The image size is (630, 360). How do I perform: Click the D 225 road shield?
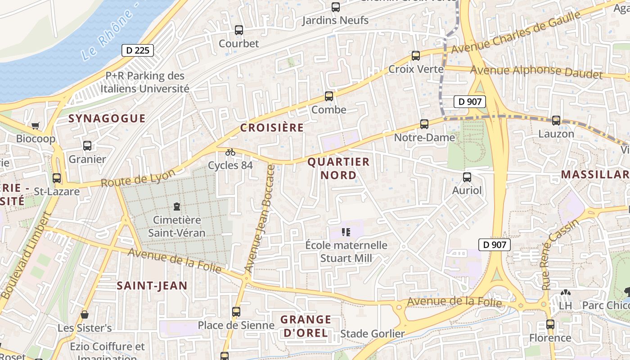pos(138,50)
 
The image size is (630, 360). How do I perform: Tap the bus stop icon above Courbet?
pos(238,30)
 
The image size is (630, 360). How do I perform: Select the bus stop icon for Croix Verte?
pos(416,56)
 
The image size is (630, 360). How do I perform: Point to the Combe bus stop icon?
pos(329,96)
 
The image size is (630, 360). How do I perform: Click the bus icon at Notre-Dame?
pos(424,124)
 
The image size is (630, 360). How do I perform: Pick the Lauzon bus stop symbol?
pos(556,120)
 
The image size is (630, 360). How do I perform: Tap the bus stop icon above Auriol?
pos(467,177)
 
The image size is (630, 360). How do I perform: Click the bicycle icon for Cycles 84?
pos(230,152)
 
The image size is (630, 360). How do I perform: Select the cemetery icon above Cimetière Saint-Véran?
pos(177,207)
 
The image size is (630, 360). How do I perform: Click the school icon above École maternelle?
pos(346,232)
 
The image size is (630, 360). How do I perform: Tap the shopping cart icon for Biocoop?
pos(36,126)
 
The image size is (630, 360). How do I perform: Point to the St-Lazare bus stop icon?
pos(57,178)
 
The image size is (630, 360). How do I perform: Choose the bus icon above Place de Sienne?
pos(236,311)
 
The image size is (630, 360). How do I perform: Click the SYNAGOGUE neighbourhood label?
pos(107,118)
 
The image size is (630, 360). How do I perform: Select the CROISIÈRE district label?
pos(272,127)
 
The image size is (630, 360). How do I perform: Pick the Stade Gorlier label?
pos(372,333)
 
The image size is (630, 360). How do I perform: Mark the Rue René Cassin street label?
pos(560,255)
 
